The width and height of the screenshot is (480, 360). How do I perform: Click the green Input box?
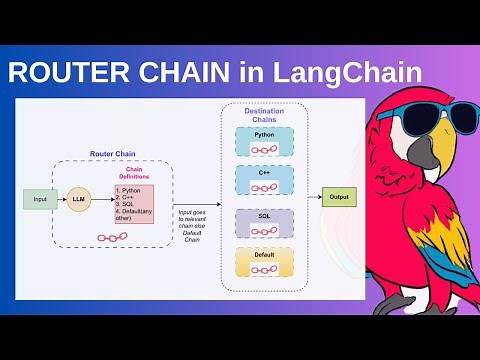click(x=40, y=200)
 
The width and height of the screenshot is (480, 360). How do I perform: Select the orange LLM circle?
click(x=79, y=200)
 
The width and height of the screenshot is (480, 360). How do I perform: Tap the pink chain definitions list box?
click(x=134, y=203)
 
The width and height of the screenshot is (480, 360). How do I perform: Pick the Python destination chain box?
click(x=264, y=141)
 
